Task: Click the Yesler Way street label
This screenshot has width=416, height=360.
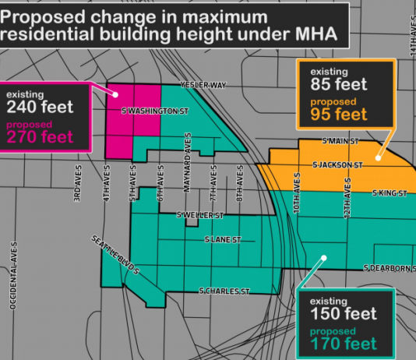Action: coord(203,84)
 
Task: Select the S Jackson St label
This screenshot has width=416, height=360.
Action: coord(338,165)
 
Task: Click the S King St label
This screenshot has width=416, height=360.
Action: coord(387,192)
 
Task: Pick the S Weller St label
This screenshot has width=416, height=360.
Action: coord(200,214)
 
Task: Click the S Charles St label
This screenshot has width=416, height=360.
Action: coord(224,291)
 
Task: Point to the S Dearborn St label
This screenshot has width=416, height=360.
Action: coord(390,269)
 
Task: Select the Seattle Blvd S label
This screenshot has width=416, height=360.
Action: coord(115,255)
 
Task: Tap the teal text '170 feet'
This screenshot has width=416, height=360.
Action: coord(344,343)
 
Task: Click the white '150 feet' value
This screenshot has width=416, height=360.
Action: coord(344,313)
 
